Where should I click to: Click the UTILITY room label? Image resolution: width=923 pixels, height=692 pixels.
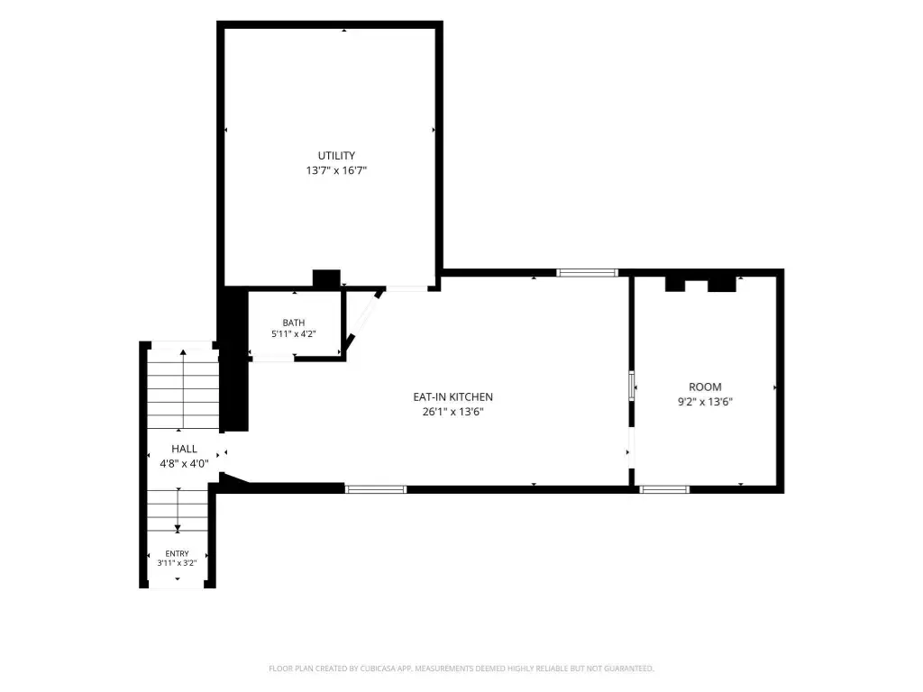pyautogui.click(x=336, y=156)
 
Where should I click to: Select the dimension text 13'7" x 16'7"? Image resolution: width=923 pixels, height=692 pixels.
pyautogui.click(x=336, y=170)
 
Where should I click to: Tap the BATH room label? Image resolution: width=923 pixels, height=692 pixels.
pyautogui.click(x=294, y=323)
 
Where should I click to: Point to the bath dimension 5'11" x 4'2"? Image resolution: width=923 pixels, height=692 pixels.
pyautogui.click(x=294, y=333)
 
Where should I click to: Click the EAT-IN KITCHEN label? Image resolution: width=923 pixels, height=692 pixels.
pyautogui.click(x=452, y=397)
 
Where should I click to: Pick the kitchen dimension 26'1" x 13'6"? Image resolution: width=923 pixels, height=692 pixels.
pyautogui.click(x=452, y=412)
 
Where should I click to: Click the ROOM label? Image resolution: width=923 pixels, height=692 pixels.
pyautogui.click(x=705, y=387)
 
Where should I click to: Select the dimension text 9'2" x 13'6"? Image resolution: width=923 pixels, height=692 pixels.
pyautogui.click(x=705, y=402)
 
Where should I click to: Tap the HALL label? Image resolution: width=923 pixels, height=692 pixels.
pyautogui.click(x=184, y=449)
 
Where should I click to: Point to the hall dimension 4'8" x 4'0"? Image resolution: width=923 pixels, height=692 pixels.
pyautogui.click(x=184, y=464)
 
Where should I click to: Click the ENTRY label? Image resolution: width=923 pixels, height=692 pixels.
pyautogui.click(x=178, y=554)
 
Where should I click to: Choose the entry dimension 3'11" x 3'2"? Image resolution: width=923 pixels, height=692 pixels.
pyautogui.click(x=178, y=563)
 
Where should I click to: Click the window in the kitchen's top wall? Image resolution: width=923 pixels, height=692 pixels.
pyautogui.click(x=588, y=272)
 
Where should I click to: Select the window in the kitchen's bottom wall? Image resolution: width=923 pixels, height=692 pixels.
pyautogui.click(x=376, y=489)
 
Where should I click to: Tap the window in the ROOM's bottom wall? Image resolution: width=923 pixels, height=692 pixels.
pyautogui.click(x=664, y=489)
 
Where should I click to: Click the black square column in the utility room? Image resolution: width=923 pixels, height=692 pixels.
pyautogui.click(x=326, y=279)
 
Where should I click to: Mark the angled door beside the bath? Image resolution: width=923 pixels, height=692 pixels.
pyautogui.click(x=366, y=318)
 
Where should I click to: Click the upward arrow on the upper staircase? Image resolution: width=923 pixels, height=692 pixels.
pyautogui.click(x=183, y=389)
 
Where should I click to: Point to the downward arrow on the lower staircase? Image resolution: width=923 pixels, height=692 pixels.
pyautogui.click(x=178, y=510)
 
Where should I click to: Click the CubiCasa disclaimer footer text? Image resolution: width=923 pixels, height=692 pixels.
pyautogui.click(x=461, y=669)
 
